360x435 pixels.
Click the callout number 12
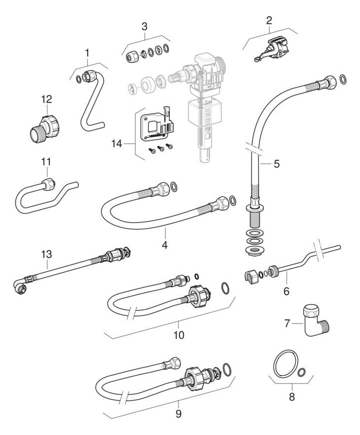click(x=46, y=99)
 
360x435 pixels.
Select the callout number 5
click(x=277, y=163)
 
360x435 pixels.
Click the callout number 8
click(x=292, y=397)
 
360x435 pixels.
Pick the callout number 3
click(x=144, y=26)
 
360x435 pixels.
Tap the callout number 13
click(x=46, y=254)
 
